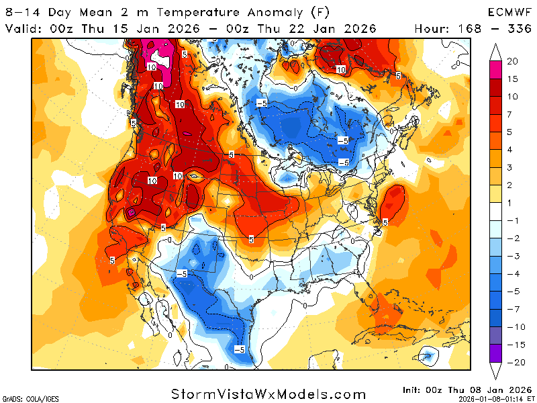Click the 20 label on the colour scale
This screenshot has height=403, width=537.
pos(512,61)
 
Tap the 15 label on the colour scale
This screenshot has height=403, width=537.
pos(512,79)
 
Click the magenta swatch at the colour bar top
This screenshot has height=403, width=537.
pos(495,70)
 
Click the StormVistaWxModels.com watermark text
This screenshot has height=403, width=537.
pos(268,394)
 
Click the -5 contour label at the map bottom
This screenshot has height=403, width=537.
pos(239,349)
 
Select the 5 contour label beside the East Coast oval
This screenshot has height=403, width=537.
pos(385,222)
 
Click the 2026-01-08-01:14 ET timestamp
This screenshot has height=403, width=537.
pos(491,398)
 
